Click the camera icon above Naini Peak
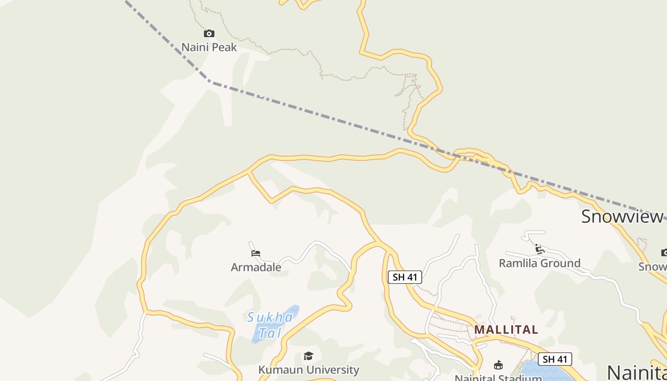pyautogui.click(x=209, y=34)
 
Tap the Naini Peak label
pyautogui.click(x=209, y=47)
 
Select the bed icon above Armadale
pyautogui.click(x=256, y=253)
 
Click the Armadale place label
pyautogui.click(x=256, y=267)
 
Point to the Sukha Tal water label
pyautogui.click(x=271, y=324)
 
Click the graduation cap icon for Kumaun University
pyautogui.click(x=308, y=356)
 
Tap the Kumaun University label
pyautogui.click(x=308, y=370)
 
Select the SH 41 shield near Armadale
pyautogui.click(x=404, y=277)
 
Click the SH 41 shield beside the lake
pyautogui.click(x=555, y=359)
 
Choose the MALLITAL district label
pyautogui.click(x=506, y=330)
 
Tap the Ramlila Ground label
pyautogui.click(x=539, y=263)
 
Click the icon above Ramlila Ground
pyautogui.click(x=539, y=249)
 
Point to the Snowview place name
pyautogui.click(x=622, y=217)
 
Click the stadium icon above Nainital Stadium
pyautogui.click(x=498, y=365)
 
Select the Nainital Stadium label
pyautogui.click(x=498, y=378)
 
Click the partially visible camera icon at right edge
pyautogui.click(x=664, y=252)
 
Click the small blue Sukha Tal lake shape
pyautogui.click(x=260, y=333)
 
